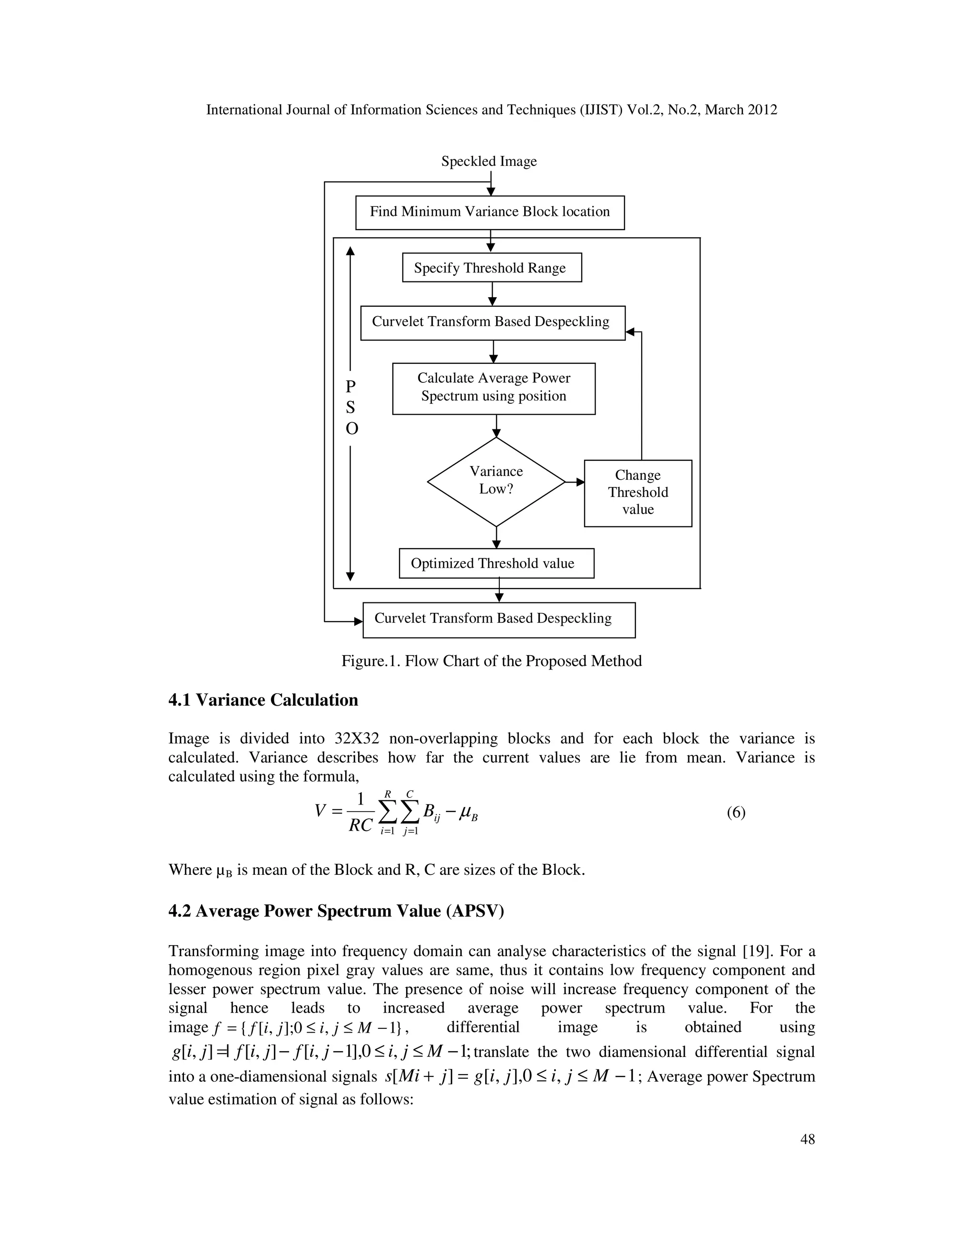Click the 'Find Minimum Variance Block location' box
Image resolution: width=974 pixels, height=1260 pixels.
click(x=489, y=213)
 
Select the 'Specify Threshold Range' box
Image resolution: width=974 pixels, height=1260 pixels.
click(x=492, y=268)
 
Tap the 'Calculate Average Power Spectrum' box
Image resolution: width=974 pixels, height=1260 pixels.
click(x=493, y=388)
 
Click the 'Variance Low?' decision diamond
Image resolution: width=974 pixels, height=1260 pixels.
click(x=496, y=481)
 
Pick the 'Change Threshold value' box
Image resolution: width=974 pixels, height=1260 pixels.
click(x=638, y=493)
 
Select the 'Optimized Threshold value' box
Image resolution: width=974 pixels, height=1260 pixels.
click(x=496, y=563)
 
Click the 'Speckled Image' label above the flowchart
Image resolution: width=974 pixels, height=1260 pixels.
click(x=489, y=162)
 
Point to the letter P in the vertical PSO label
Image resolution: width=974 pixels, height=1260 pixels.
click(x=350, y=386)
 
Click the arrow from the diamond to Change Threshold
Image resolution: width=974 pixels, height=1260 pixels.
click(x=575, y=482)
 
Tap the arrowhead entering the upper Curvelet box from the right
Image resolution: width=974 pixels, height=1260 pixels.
click(x=631, y=332)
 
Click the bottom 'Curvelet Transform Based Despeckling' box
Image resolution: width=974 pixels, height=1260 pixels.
click(x=498, y=620)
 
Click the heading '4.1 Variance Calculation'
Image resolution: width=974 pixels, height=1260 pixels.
click(x=263, y=700)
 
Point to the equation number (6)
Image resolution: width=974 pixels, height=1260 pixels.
click(x=736, y=813)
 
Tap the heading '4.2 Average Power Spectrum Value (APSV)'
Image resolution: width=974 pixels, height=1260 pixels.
click(x=336, y=911)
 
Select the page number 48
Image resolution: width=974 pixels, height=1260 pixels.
click(x=807, y=1139)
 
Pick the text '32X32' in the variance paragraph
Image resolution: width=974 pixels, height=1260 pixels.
click(x=357, y=739)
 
